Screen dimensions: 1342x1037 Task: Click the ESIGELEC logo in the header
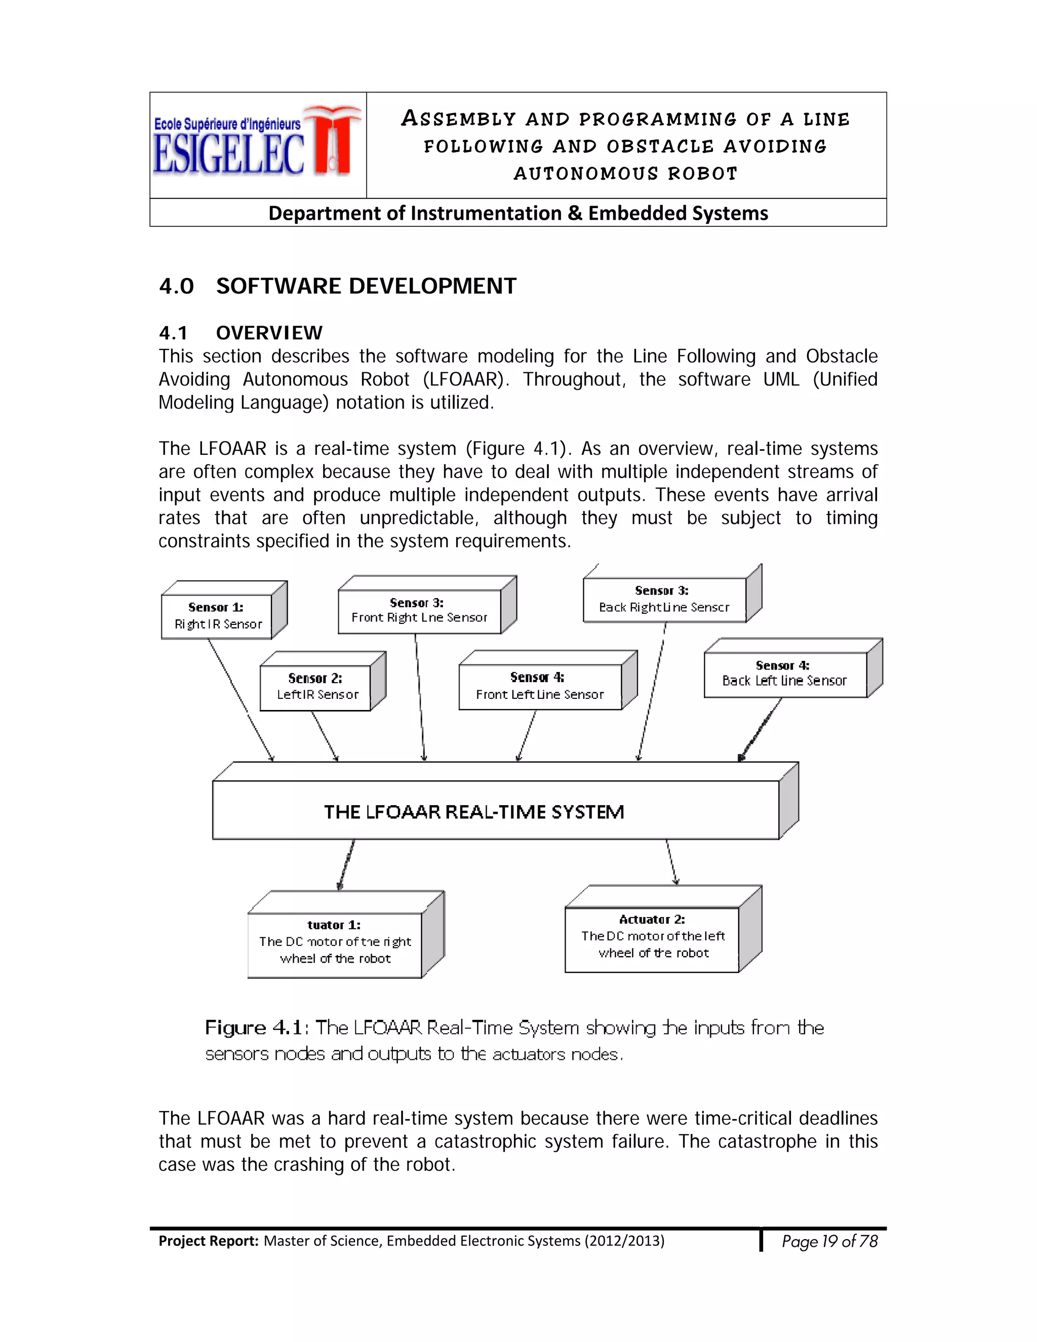pos(257,145)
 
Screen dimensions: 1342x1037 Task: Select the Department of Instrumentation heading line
pos(518,213)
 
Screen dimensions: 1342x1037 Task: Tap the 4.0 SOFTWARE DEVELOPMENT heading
pos(337,286)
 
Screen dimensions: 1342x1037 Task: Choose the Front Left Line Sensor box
pos(539,686)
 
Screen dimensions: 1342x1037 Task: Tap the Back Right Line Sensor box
pos(664,599)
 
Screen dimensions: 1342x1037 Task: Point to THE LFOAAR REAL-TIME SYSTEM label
pos(473,812)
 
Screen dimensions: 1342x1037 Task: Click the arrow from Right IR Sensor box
pos(241,700)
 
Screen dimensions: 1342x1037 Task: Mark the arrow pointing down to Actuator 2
pos(671,862)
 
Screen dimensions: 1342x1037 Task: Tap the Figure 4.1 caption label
pos(253,1028)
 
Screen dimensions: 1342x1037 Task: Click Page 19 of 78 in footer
pos(829,1241)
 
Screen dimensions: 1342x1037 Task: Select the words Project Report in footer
pos(208,1241)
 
